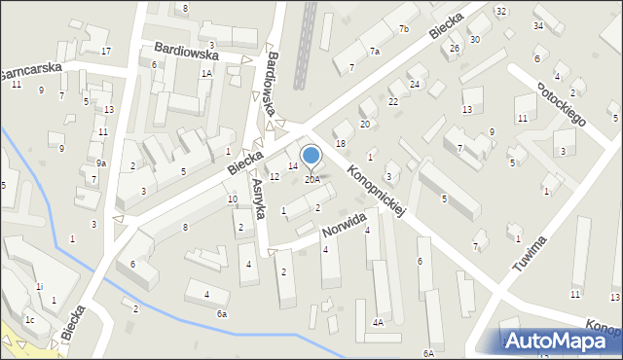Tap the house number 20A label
[x=311, y=179]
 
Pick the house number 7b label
[x=403, y=29]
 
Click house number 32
[x=500, y=11]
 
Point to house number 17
[x=106, y=51]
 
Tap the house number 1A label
[x=206, y=73]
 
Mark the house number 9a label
[x=100, y=163]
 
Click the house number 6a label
[x=222, y=313]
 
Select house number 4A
[x=377, y=322]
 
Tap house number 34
[x=538, y=25]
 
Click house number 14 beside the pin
[x=292, y=166]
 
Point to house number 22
[x=393, y=101]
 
